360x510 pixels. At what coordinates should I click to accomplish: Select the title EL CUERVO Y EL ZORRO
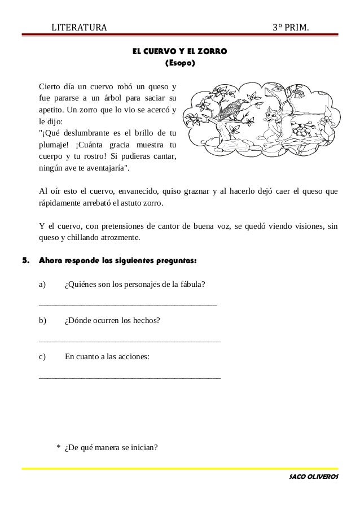point(179,52)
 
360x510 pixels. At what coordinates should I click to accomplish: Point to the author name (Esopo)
point(179,63)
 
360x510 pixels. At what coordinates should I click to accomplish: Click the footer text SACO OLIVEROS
point(313,477)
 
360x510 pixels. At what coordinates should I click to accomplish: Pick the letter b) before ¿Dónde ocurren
point(42,321)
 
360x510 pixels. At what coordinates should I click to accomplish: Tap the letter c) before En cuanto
point(42,357)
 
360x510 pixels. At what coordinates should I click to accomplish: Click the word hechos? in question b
point(146,321)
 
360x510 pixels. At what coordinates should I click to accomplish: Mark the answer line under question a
point(128,304)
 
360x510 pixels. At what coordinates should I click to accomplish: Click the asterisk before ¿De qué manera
point(59,448)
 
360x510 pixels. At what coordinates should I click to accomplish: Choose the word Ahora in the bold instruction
point(50,261)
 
